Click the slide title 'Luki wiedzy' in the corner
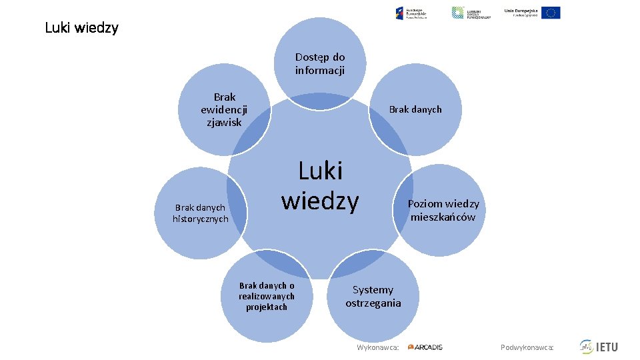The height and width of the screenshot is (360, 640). point(81,28)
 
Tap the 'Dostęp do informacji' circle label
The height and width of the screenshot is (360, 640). point(320,64)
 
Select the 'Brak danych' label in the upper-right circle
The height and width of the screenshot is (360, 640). point(415,109)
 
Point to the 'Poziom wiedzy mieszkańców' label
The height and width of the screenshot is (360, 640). point(443,210)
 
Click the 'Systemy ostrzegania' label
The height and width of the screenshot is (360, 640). point(373,296)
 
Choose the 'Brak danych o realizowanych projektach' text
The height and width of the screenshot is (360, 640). point(267,296)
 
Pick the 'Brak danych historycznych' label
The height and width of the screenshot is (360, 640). point(201,213)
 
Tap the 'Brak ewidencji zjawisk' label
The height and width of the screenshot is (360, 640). point(224,109)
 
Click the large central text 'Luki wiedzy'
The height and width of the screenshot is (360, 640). point(320,185)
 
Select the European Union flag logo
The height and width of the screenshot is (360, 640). point(551,13)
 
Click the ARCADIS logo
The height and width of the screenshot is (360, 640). point(425,347)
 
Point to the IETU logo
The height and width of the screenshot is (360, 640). point(599,347)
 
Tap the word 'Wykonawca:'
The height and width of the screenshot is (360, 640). point(378,347)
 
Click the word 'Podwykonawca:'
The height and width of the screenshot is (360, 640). point(527,347)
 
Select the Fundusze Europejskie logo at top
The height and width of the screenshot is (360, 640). point(411,13)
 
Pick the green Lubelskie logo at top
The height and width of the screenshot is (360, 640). point(471,13)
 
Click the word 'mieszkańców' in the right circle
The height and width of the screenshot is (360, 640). point(443,217)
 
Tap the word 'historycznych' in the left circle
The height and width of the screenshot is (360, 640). point(201,219)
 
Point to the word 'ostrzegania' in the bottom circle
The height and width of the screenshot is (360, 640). point(373,303)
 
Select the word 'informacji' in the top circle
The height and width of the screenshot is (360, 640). point(320,71)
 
